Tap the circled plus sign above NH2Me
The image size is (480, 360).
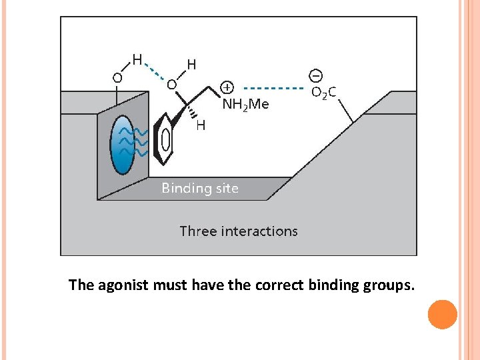pos(227,87)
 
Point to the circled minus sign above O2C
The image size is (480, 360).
pos(315,75)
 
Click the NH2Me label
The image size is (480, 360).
pos(245,104)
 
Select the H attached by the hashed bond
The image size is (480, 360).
pos(201,125)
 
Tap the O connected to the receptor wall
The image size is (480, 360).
pos(117,77)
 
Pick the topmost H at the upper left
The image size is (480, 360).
pos(137,59)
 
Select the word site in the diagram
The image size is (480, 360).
pos(227,188)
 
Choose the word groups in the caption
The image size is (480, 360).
pos(389,286)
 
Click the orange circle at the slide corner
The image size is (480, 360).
pos(443,315)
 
